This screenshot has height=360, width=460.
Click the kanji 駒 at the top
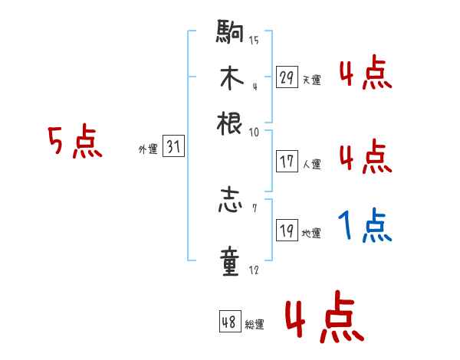tap(229, 34)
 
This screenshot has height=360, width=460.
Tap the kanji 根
tap(229, 122)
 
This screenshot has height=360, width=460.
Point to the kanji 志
tap(229, 204)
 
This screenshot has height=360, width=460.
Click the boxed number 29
tap(287, 77)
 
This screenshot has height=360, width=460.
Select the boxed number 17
tap(287, 162)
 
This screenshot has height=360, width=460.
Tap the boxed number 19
tap(287, 231)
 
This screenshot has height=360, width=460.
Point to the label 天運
tap(311, 80)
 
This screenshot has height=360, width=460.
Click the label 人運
tap(311, 164)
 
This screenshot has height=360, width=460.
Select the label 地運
tap(311, 233)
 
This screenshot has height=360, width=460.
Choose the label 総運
tap(255, 324)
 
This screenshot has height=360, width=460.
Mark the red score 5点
tap(75, 142)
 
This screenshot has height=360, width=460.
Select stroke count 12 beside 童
tap(254, 270)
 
